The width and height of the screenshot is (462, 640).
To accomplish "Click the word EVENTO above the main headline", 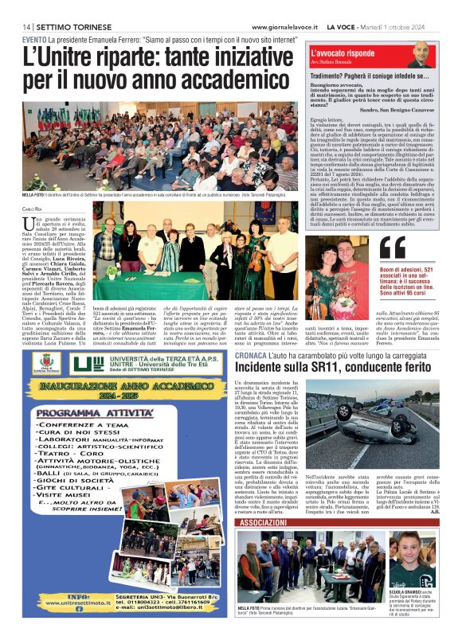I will [34, 39].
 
